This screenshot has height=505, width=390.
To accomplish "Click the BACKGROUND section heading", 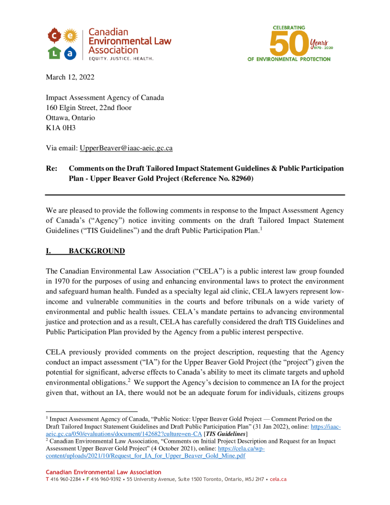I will tap(96, 252).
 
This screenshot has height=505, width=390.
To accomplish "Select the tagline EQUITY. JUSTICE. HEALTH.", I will tap(121, 59).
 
